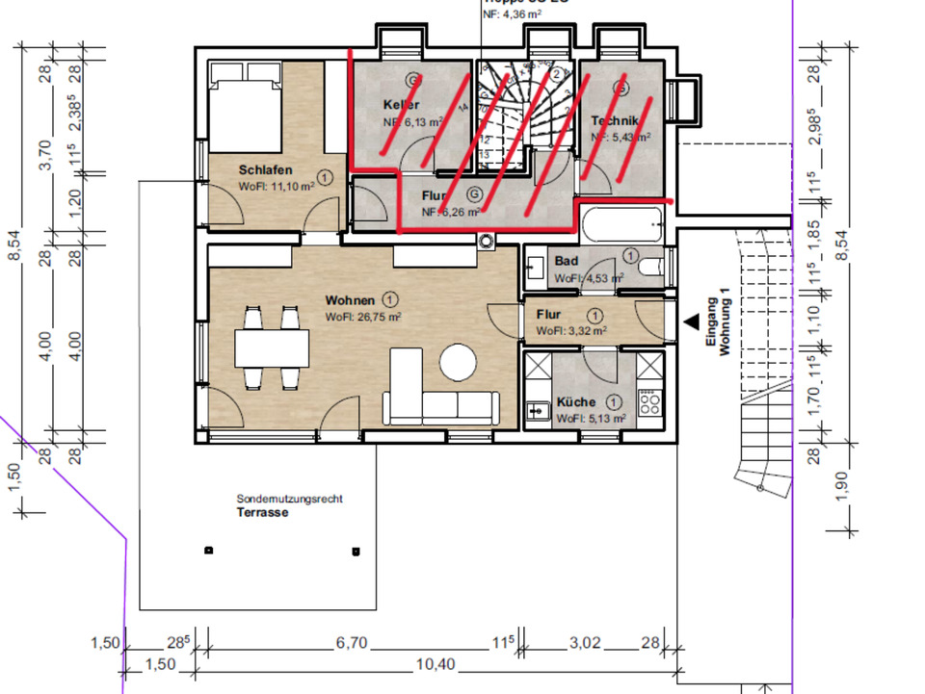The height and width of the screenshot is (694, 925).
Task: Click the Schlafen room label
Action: coord(265,170)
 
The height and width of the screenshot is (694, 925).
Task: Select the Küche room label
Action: coord(575,402)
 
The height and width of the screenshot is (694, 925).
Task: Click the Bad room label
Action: coord(566,262)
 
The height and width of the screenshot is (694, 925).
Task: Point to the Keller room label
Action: coord(401,104)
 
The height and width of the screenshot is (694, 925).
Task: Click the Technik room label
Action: coord(615,120)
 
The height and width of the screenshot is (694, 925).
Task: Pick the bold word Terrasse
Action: coord(263,513)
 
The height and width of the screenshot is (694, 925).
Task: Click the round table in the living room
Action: coord(459,364)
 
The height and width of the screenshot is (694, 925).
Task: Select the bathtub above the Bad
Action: coord(621,224)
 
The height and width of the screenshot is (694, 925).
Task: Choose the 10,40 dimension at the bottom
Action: coord(436,665)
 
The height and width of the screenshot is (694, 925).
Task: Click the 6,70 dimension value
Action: coord(350,644)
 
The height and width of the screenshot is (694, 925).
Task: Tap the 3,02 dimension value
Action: coord(586,644)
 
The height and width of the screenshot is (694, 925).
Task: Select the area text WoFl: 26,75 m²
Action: coord(362,316)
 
